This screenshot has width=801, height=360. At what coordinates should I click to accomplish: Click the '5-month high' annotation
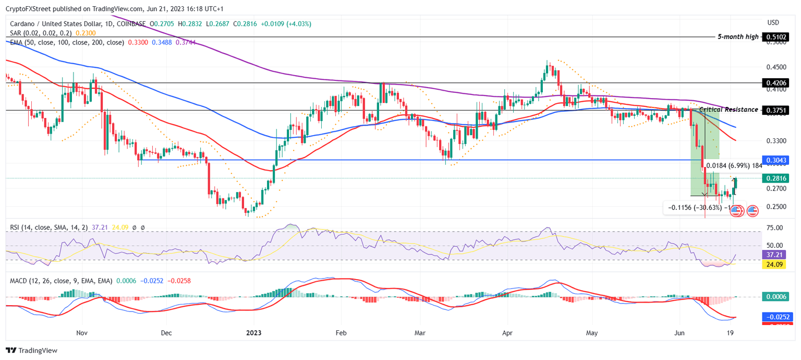pyautogui.click(x=738, y=37)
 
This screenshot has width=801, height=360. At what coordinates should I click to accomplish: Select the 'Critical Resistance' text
pyautogui.click(x=729, y=110)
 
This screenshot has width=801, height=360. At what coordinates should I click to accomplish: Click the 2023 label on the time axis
pyautogui.click(x=253, y=332)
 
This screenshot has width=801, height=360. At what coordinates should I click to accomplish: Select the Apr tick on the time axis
pyautogui.click(x=506, y=332)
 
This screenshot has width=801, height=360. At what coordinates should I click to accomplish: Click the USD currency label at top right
pyautogui.click(x=773, y=22)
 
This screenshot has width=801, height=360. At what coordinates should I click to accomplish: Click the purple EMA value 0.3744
pyautogui.click(x=186, y=42)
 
